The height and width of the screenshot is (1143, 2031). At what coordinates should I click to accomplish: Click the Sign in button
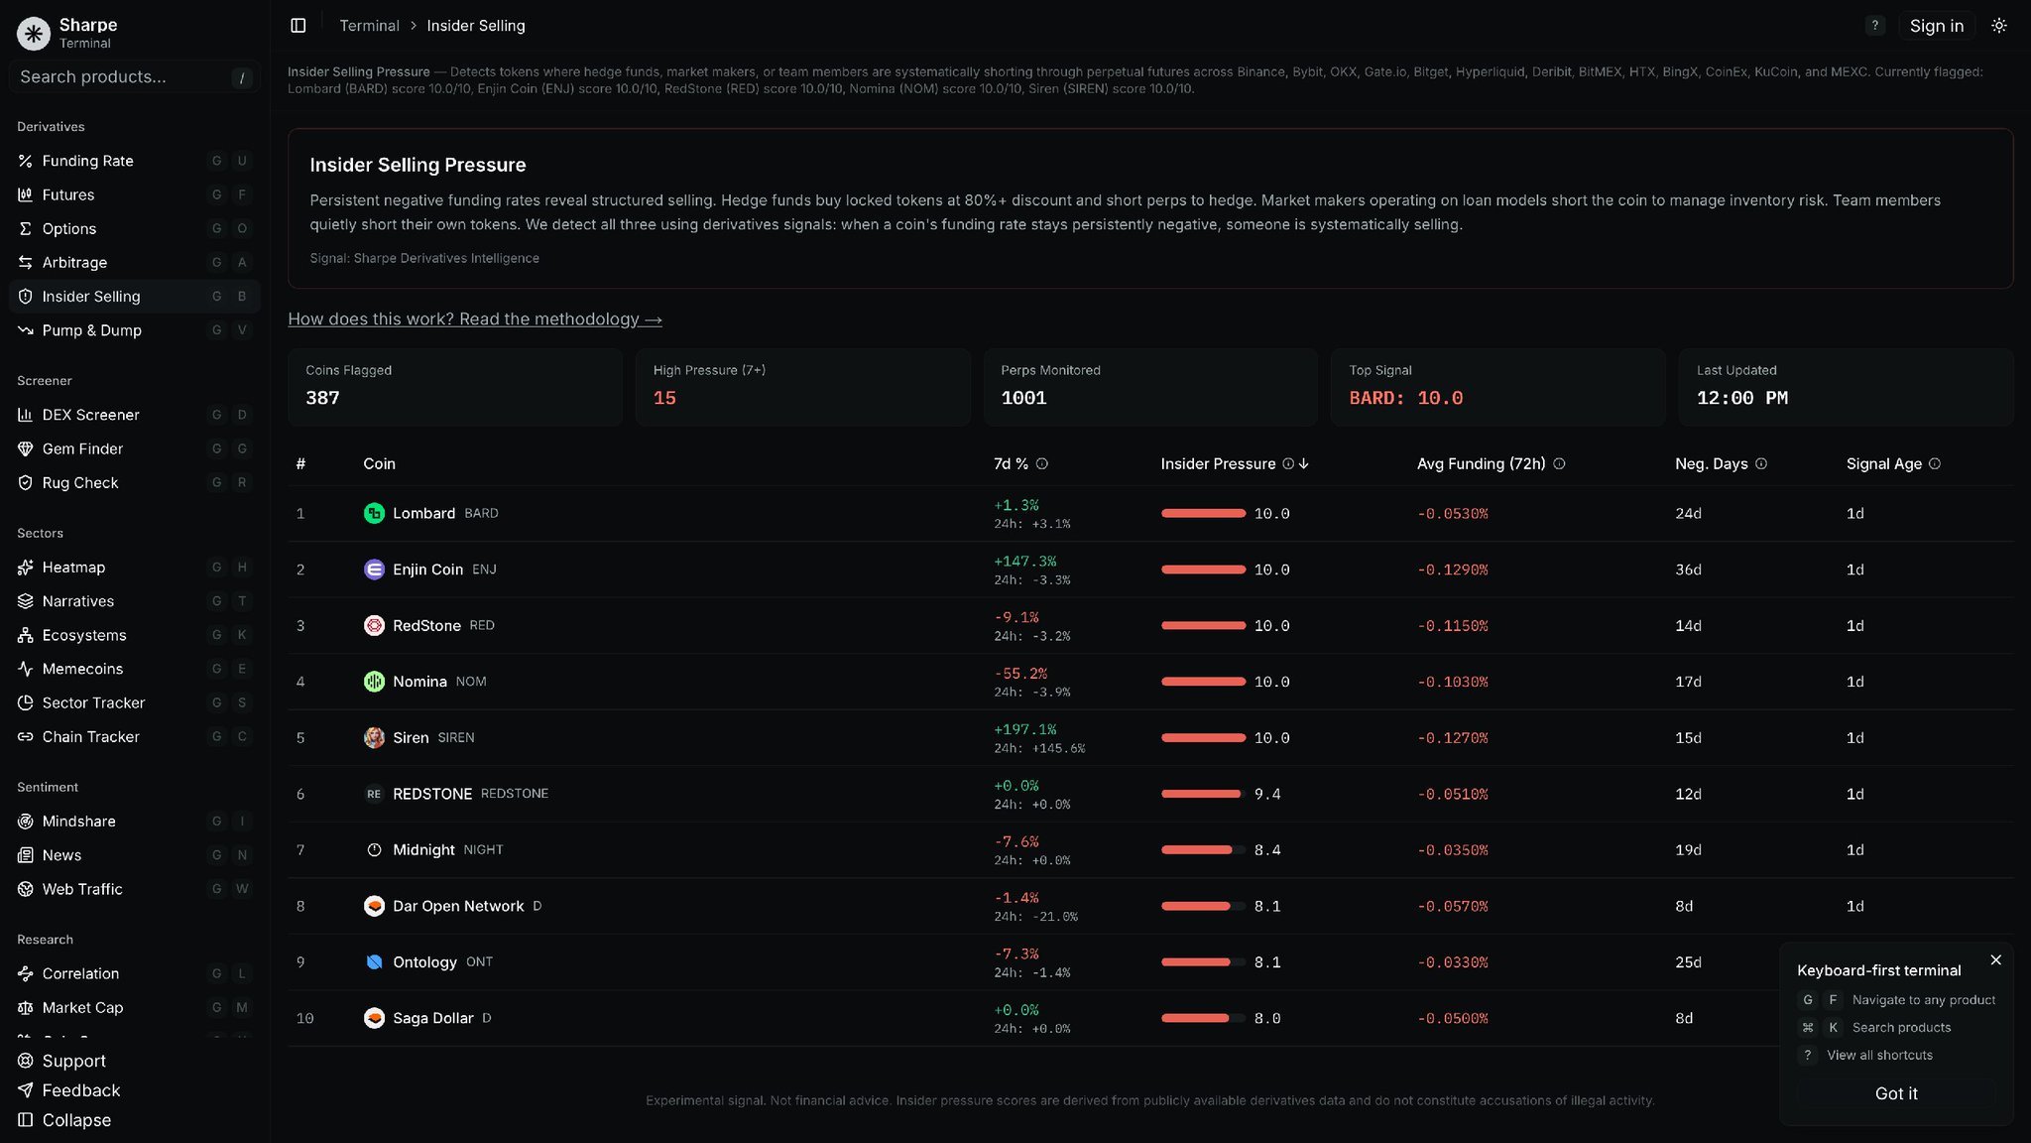pyautogui.click(x=1936, y=26)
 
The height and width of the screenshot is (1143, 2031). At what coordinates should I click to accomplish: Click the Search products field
pyautogui.click(x=134, y=77)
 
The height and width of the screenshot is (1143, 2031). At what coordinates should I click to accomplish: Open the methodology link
pyautogui.click(x=475, y=319)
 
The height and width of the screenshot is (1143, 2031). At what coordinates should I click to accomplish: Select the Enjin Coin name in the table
pyautogui.click(x=427, y=570)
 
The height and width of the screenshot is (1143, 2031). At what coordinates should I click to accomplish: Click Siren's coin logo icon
pyautogui.click(x=374, y=737)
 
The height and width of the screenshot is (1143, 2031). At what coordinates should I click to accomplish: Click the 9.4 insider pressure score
pyautogui.click(x=1267, y=794)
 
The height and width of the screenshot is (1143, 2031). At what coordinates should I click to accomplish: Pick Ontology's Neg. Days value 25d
pyautogui.click(x=1688, y=962)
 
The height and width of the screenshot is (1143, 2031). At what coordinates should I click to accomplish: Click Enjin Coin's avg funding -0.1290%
pyautogui.click(x=1453, y=570)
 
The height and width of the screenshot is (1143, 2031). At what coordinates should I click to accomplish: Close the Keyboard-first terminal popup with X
pyautogui.click(x=1996, y=960)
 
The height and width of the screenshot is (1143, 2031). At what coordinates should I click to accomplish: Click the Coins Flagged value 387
pyautogui.click(x=322, y=398)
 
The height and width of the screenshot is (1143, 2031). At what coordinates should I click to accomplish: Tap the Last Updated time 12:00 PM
pyautogui.click(x=1742, y=398)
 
